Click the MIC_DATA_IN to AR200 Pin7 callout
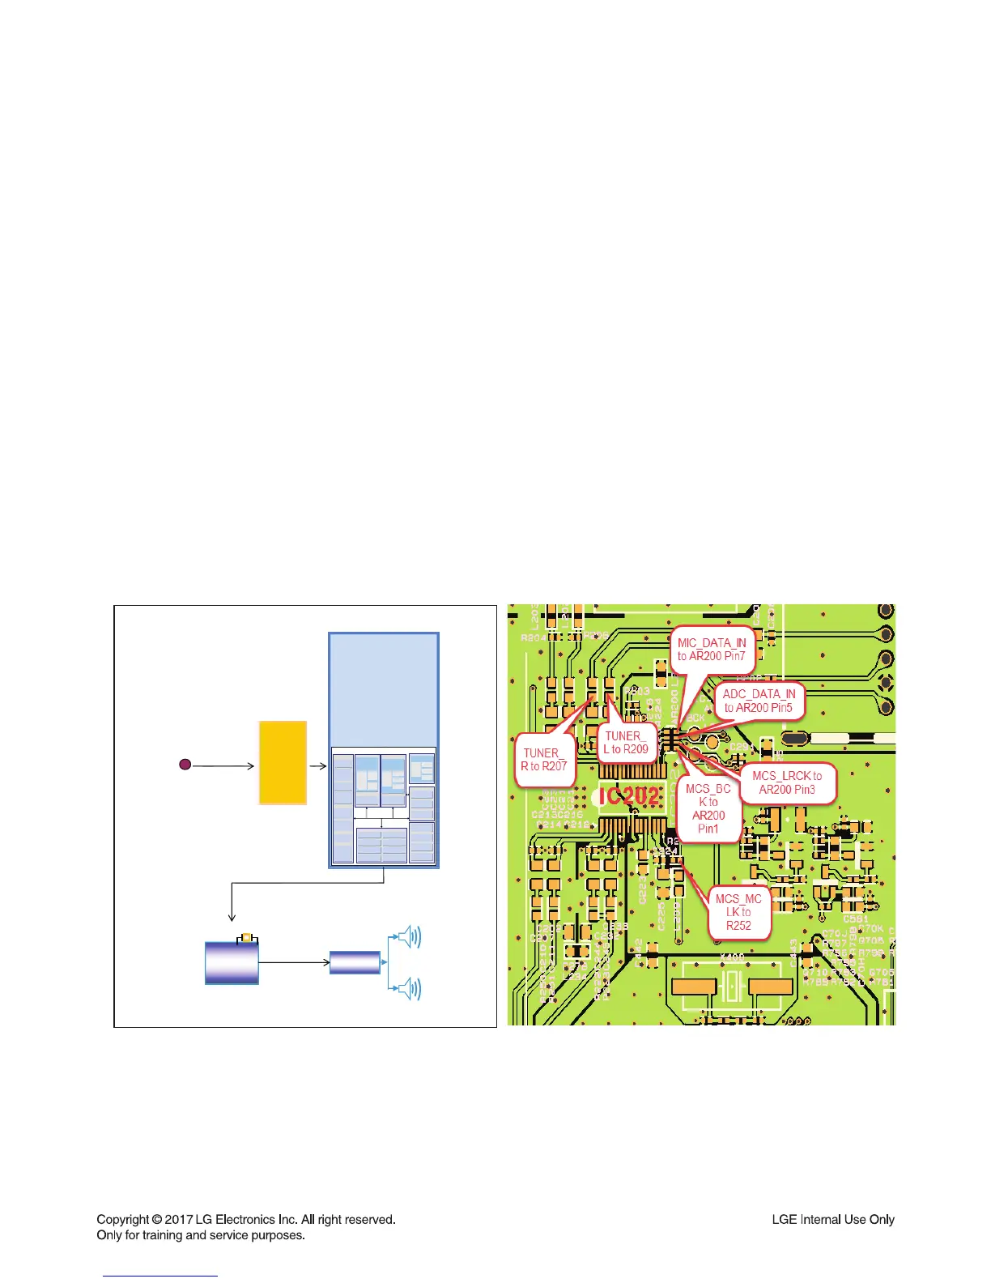pyautogui.click(x=712, y=650)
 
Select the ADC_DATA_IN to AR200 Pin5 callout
pyautogui.click(x=759, y=701)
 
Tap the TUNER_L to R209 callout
pyautogui.click(x=626, y=742)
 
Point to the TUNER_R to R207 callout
pyautogui.click(x=544, y=759)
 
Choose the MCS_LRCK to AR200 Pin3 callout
pyautogui.click(x=787, y=782)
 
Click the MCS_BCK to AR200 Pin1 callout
pyautogui.click(x=708, y=808)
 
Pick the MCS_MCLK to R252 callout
pyautogui.click(x=738, y=912)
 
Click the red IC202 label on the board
pyautogui.click(x=629, y=797)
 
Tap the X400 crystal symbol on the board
pyautogui.click(x=732, y=987)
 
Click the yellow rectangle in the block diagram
pyautogui.click(x=283, y=762)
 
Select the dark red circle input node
pyautogui.click(x=185, y=764)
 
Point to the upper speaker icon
pyautogui.click(x=410, y=938)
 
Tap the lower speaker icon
pyautogui.click(x=410, y=988)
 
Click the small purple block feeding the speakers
pyautogui.click(x=355, y=962)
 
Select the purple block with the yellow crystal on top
pyautogui.click(x=232, y=964)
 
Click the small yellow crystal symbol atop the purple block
pyautogui.click(x=246, y=938)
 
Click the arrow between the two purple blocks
pyautogui.click(x=294, y=963)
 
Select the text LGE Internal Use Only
pyautogui.click(x=833, y=1219)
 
